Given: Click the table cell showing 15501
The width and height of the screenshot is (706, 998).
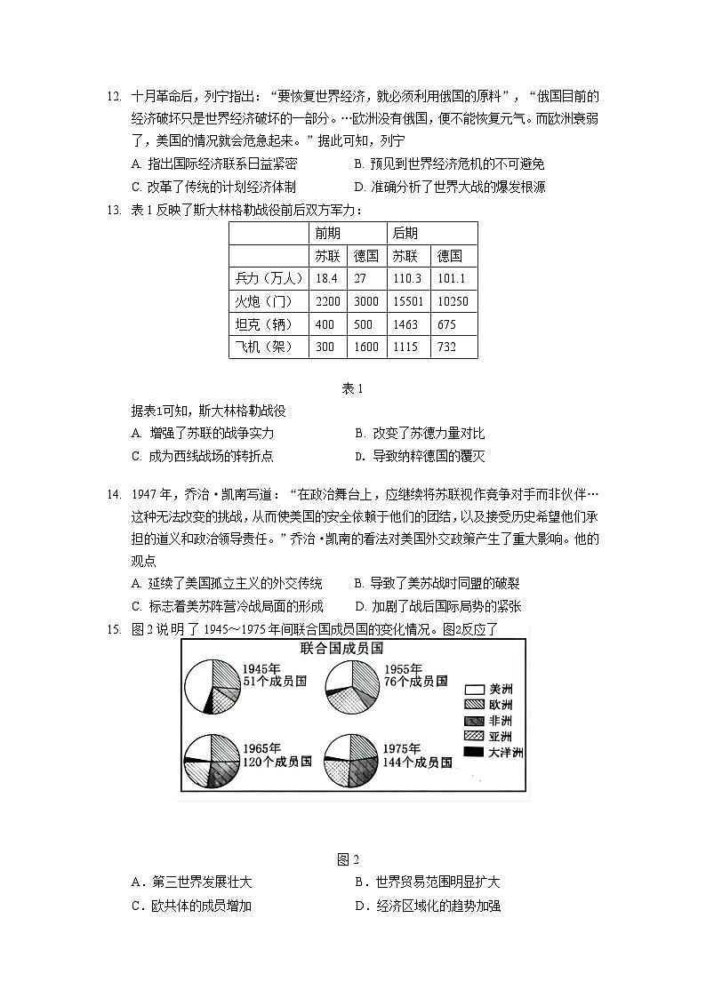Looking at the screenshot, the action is (x=409, y=302).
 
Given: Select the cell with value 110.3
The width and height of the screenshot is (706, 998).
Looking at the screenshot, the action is (x=409, y=279).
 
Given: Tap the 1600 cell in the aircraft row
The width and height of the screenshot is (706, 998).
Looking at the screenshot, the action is (x=365, y=347).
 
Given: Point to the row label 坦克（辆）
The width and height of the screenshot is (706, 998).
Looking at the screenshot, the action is (x=267, y=324).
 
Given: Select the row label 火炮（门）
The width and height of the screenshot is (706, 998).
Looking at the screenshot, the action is (x=267, y=302).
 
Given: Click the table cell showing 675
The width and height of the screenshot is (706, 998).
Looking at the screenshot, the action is (x=447, y=324).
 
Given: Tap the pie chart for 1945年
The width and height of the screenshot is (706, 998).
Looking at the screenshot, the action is (x=213, y=687).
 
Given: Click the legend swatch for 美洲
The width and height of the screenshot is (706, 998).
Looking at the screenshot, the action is (x=473, y=688).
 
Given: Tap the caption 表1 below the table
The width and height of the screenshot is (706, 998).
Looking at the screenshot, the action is (x=353, y=388).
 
